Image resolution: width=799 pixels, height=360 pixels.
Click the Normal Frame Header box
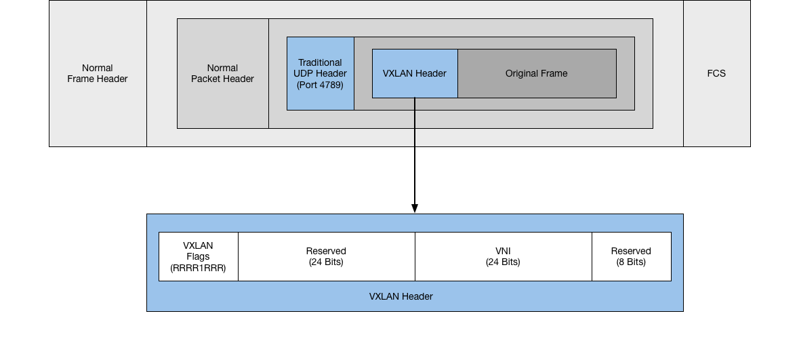point(98,73)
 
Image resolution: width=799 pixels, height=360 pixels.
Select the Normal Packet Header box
point(222,73)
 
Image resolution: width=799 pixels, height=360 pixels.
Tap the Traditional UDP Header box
point(320,73)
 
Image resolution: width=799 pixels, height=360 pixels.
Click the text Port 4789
point(320,85)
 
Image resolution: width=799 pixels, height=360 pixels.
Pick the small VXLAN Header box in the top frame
point(415,73)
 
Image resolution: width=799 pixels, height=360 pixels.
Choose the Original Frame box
point(537,73)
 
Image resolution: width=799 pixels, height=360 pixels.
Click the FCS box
point(716,73)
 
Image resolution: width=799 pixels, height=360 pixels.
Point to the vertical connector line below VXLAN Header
point(415,122)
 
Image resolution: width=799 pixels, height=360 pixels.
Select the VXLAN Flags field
point(198,256)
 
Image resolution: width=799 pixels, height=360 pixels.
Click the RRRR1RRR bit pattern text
point(198,268)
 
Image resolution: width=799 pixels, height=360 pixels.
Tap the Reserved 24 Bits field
point(326,256)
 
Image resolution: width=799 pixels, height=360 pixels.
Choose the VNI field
point(503,256)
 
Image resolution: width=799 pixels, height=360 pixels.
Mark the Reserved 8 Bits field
point(631,256)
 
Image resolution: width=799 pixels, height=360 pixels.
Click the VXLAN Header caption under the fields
point(401,296)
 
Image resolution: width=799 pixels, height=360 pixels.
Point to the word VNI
point(503,251)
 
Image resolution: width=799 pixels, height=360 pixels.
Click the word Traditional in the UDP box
point(320,62)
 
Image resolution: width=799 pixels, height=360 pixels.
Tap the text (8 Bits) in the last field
point(631,262)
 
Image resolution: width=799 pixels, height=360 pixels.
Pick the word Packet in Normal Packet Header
point(206,79)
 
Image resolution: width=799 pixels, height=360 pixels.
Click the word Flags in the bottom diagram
point(198,256)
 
